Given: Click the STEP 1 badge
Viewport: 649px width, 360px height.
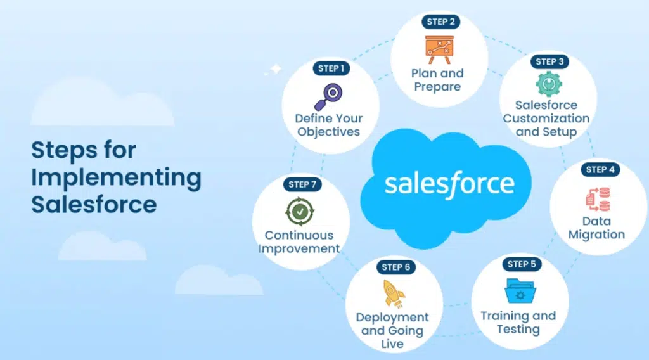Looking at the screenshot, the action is (x=331, y=68).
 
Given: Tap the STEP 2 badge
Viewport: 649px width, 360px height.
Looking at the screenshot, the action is (x=441, y=22).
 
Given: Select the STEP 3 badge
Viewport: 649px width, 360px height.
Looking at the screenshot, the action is (x=549, y=61).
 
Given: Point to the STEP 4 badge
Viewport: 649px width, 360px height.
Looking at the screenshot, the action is (x=600, y=169).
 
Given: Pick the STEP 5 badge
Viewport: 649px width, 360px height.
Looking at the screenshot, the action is (x=522, y=264).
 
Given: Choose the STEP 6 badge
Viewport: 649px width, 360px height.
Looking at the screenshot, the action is (x=395, y=267).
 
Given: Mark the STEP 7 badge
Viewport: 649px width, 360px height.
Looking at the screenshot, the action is (x=302, y=184).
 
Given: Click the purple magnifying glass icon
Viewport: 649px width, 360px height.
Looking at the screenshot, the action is (x=328, y=97).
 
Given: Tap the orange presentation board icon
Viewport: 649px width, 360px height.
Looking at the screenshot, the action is (x=439, y=49).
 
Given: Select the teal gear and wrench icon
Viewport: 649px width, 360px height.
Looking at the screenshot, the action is (x=549, y=84).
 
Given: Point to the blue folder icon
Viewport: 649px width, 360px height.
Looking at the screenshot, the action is (x=520, y=291).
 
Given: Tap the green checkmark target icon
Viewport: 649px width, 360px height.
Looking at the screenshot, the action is (x=300, y=212).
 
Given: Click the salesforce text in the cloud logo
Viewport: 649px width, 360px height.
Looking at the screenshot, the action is (x=449, y=184).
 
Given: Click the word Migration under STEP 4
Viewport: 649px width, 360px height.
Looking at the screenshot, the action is (x=596, y=235).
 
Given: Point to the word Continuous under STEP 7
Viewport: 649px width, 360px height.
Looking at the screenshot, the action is (x=299, y=235).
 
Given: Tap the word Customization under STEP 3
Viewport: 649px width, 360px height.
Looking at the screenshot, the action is (x=546, y=119).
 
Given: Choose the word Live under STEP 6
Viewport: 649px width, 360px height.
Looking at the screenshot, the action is (x=392, y=344).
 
